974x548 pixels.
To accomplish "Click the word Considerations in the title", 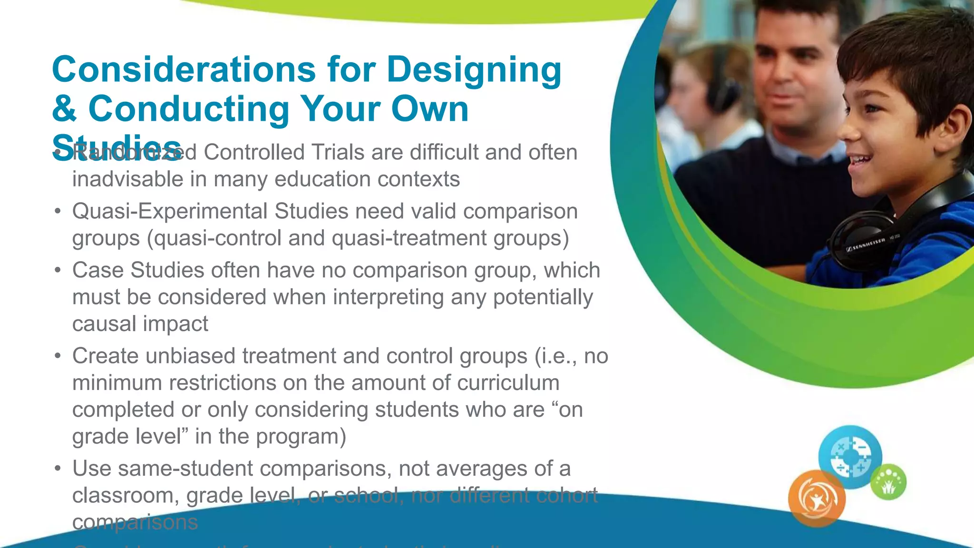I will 184,69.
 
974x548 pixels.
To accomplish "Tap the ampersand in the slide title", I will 64,109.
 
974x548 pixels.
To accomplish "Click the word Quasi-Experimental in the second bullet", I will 170,211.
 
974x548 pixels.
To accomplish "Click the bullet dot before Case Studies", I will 58,271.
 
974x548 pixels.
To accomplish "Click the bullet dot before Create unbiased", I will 58,356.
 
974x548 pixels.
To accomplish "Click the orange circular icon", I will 817,499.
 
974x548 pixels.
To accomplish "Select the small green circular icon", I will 888,482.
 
